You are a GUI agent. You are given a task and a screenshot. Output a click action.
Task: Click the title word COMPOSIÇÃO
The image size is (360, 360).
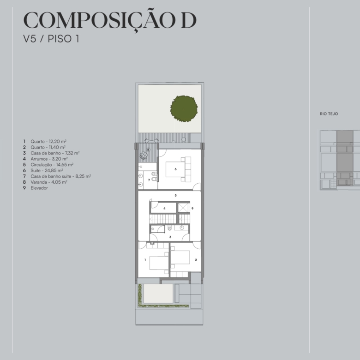click(x=100, y=21)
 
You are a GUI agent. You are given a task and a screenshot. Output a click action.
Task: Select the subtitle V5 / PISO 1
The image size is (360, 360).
click(x=51, y=39)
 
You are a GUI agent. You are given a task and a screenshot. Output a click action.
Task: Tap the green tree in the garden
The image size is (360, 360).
click(x=184, y=108)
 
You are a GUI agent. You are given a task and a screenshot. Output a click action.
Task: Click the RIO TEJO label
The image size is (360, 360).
click(x=329, y=114)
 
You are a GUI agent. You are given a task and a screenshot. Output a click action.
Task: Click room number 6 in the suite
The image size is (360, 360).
click(x=176, y=169)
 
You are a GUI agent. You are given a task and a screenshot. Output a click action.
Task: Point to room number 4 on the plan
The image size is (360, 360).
click(x=164, y=209)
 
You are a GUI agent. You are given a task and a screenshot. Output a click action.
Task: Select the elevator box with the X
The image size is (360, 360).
click(x=183, y=208)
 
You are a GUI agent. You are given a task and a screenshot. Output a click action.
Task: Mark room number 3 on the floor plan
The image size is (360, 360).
click(x=170, y=237)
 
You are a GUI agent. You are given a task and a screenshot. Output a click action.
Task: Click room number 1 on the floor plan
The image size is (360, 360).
click(x=145, y=260)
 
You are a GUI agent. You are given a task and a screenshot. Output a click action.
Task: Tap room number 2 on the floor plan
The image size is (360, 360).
click(x=196, y=260)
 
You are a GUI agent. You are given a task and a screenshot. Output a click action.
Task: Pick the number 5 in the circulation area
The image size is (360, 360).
click(x=176, y=195)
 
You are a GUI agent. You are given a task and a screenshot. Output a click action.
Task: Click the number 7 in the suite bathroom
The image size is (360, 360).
click(x=149, y=180)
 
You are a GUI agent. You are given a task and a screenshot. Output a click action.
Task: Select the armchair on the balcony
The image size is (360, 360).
click(x=144, y=155)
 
